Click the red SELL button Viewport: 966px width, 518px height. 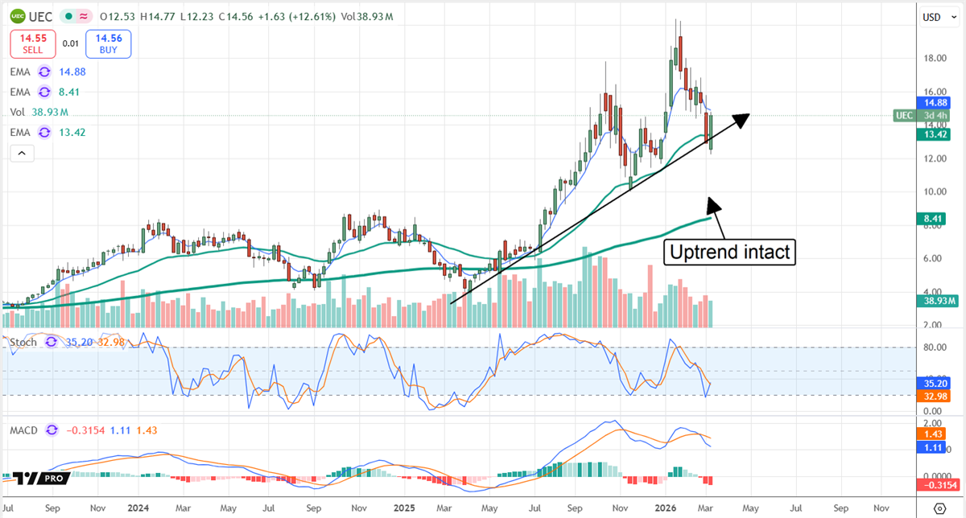tap(32, 43)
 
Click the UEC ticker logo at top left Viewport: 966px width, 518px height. tap(16, 15)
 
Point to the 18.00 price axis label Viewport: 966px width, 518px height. tap(935, 58)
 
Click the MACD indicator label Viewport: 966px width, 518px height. tap(23, 430)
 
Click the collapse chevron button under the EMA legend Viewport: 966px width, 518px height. tap(22, 152)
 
